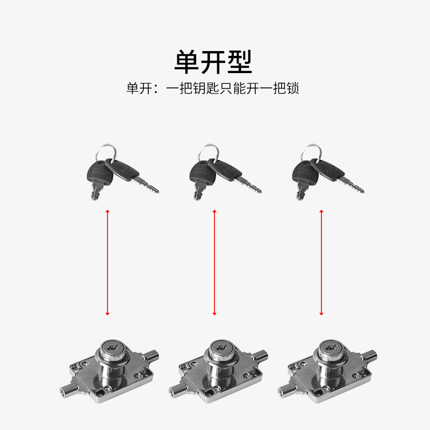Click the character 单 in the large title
[187, 62]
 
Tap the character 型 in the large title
[239, 62]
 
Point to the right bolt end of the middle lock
[263, 356]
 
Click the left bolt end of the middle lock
[172, 391]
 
